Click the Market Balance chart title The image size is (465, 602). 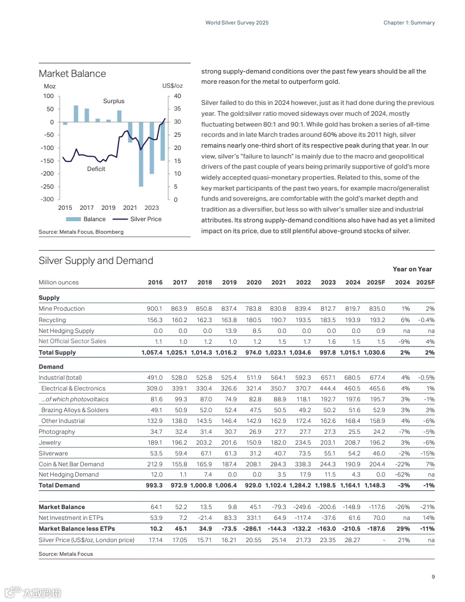click(x=72, y=74)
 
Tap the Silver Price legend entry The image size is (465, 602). click(x=145, y=219)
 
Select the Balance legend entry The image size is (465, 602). click(x=94, y=219)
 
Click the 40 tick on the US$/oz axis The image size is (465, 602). click(x=177, y=96)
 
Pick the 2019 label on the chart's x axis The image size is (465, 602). click(x=108, y=208)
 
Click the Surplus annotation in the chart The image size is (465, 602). click(x=113, y=101)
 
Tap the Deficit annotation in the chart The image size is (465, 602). click(x=96, y=169)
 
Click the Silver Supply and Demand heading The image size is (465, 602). click(x=96, y=261)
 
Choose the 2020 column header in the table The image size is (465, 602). click(x=254, y=282)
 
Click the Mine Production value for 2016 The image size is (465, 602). click(x=155, y=308)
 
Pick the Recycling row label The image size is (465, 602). click(x=52, y=320)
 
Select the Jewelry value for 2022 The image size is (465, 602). click(x=303, y=442)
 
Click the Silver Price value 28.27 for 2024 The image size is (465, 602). click(x=353, y=539)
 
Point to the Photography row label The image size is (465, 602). click(x=57, y=432)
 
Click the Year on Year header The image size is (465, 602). click(x=412, y=269)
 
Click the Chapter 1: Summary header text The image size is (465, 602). click(x=409, y=23)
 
